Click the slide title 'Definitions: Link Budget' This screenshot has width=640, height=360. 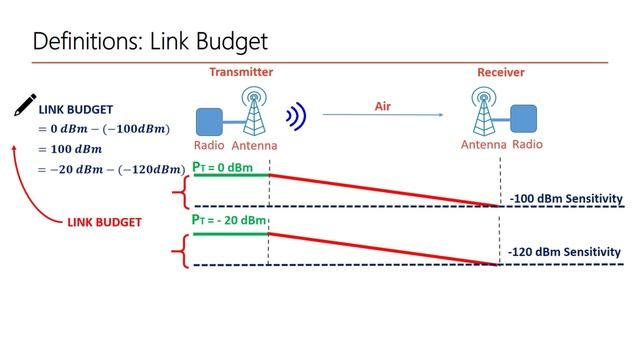pyautogui.click(x=150, y=42)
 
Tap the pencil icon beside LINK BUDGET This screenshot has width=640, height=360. pyautogui.click(x=25, y=106)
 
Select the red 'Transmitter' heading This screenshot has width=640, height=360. pyautogui.click(x=241, y=72)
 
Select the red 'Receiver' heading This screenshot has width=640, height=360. pyautogui.click(x=500, y=72)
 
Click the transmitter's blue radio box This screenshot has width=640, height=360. pyautogui.click(x=209, y=122)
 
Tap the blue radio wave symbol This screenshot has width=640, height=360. pyautogui.click(x=294, y=118)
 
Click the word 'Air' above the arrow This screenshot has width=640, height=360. pyautogui.click(x=382, y=105)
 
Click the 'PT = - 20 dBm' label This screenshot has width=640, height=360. pyautogui.click(x=230, y=220)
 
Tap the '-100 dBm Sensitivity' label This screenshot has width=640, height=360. pyautogui.click(x=565, y=199)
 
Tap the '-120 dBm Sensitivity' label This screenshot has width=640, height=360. pyautogui.click(x=565, y=252)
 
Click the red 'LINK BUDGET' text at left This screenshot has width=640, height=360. pyautogui.click(x=107, y=221)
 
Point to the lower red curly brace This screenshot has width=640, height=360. pyautogui.click(x=180, y=248)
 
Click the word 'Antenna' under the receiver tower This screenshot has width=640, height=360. pyautogui.click(x=484, y=145)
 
